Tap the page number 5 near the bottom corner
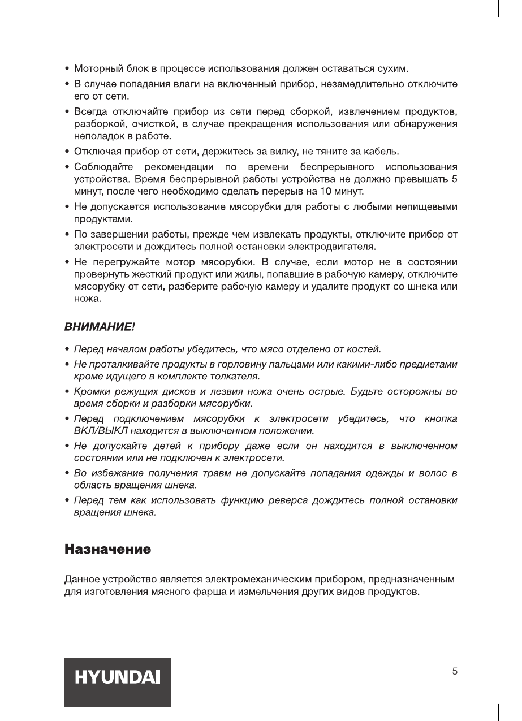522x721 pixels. (x=455, y=672)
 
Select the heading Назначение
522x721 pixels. (x=107, y=549)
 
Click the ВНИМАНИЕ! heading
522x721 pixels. (x=100, y=327)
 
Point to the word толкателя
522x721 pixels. (x=235, y=375)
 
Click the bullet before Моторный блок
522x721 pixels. (x=68, y=69)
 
